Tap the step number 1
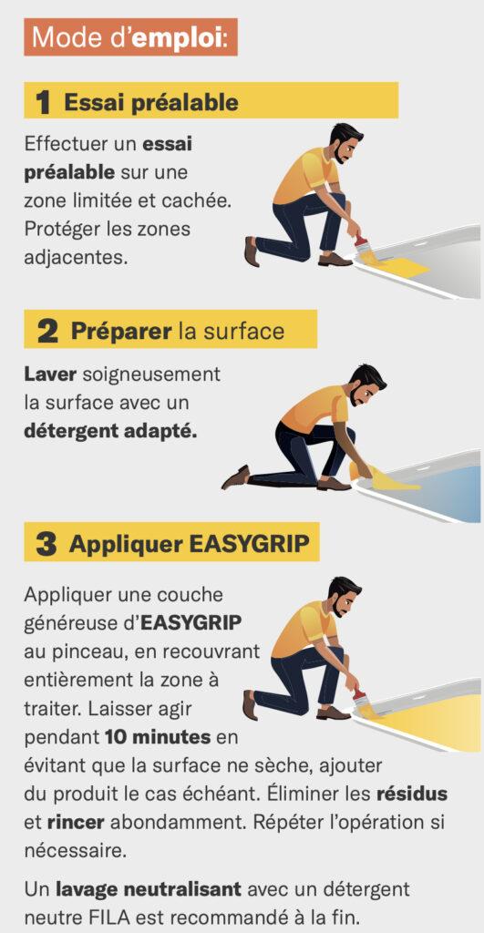click(x=43, y=102)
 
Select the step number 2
click(x=47, y=332)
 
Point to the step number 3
click(x=46, y=545)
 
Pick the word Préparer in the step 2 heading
click(x=121, y=332)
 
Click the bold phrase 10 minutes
click(x=158, y=738)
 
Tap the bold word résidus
click(x=411, y=794)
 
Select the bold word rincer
click(x=76, y=823)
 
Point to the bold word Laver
click(x=51, y=374)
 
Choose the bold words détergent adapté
click(x=110, y=431)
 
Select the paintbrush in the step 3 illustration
click(x=362, y=702)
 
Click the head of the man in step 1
click(x=345, y=143)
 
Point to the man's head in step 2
click(x=366, y=385)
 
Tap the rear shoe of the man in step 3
click(x=251, y=705)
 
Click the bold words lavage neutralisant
click(x=149, y=889)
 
